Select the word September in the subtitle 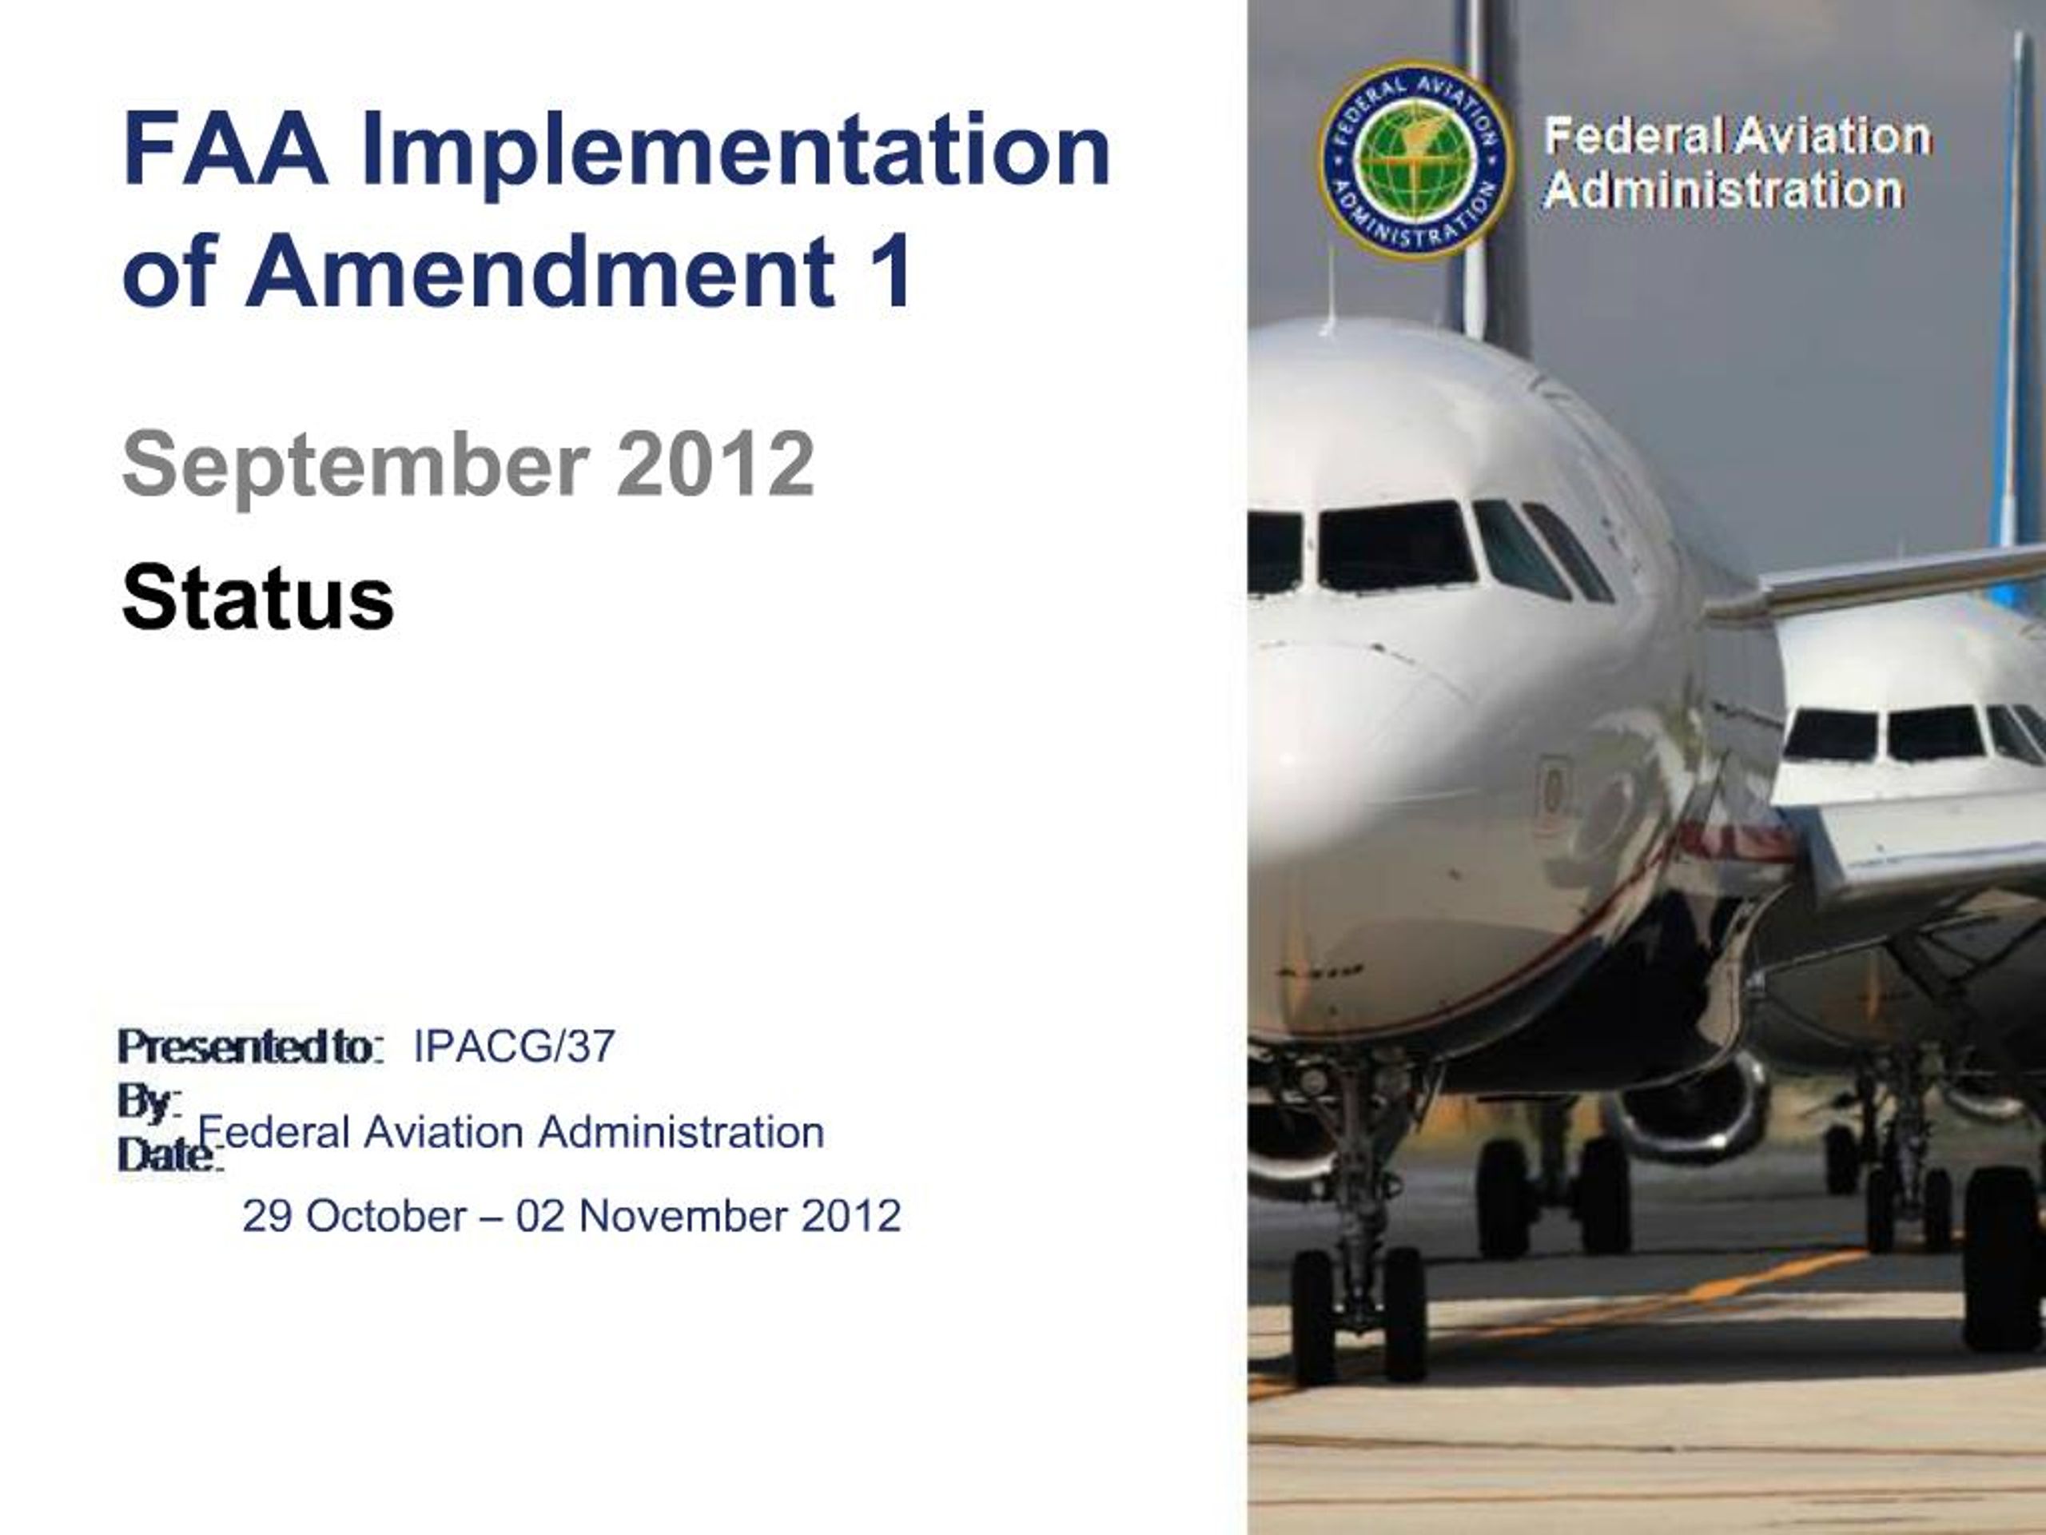355,466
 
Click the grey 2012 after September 715,464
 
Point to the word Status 258,598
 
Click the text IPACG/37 513,1047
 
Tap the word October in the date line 386,1216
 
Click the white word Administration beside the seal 1723,190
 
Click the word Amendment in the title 541,271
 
